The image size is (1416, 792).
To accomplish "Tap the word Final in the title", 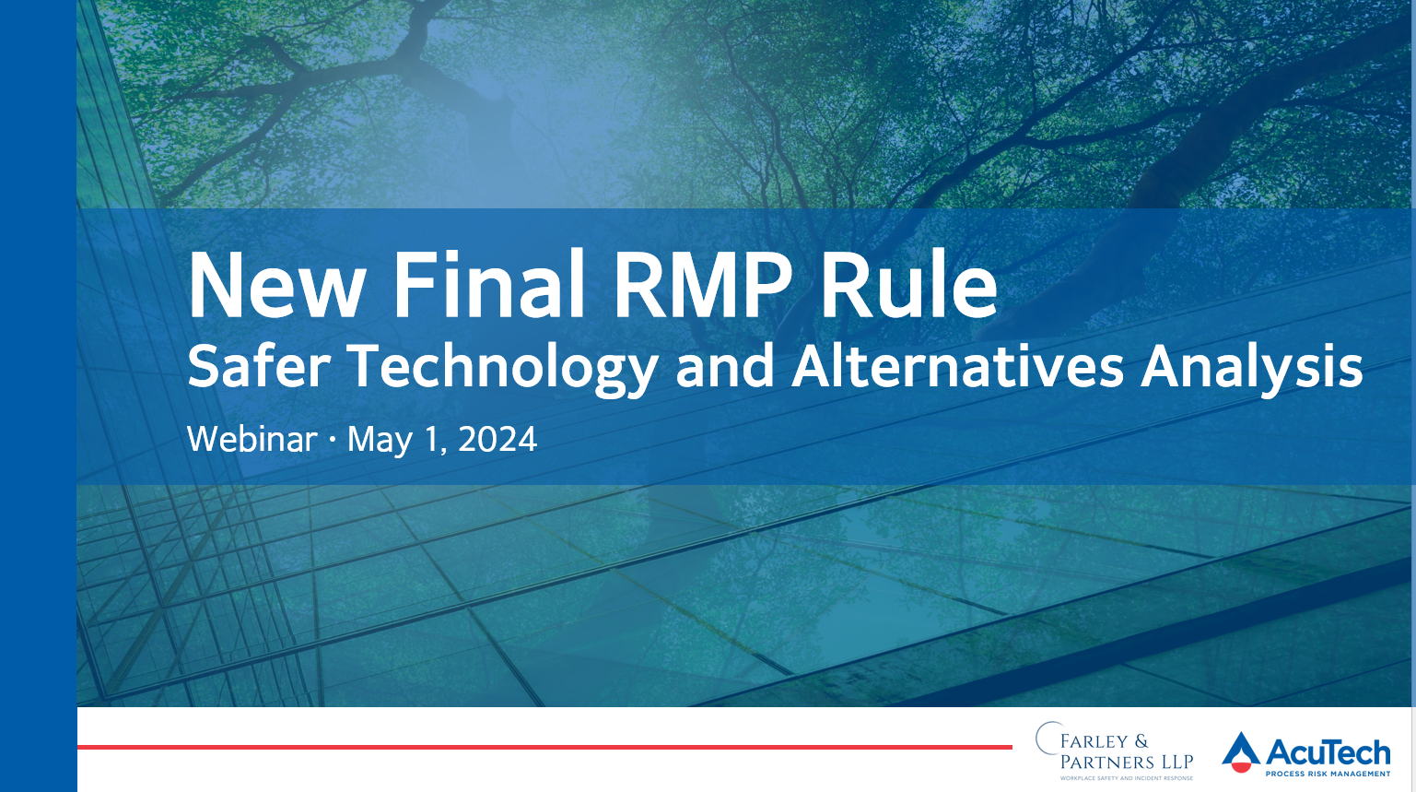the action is pyautogui.click(x=488, y=282).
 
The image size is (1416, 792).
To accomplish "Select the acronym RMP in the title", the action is pyautogui.click(x=702, y=284).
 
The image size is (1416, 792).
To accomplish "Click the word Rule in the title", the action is pyautogui.click(x=909, y=282).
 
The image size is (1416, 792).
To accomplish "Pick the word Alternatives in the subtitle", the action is pyautogui.click(x=957, y=366).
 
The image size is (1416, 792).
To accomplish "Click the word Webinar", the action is pyautogui.click(x=252, y=439).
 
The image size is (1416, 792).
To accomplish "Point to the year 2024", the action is pyautogui.click(x=497, y=439).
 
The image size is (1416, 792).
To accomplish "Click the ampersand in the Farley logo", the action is pyautogui.click(x=1141, y=741).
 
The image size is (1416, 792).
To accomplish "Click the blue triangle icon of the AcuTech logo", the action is pyautogui.click(x=1241, y=750).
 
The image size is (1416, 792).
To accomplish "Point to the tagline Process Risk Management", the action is pyautogui.click(x=1328, y=774).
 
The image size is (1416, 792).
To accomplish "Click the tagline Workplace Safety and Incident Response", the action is pyautogui.click(x=1127, y=778).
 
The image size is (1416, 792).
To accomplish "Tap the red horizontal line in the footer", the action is pyautogui.click(x=544, y=747).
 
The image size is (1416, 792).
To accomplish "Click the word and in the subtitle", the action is pyautogui.click(x=725, y=366).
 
